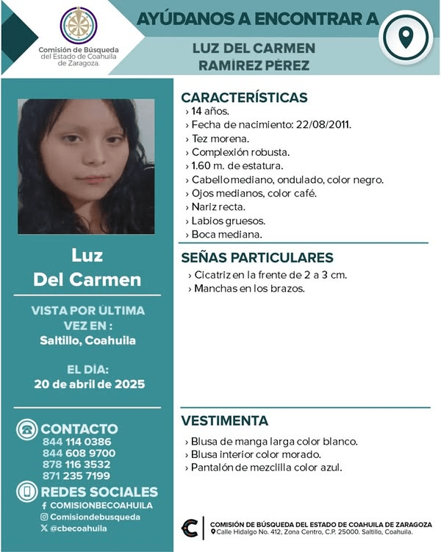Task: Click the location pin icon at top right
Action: click(405, 37)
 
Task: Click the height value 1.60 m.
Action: click(207, 166)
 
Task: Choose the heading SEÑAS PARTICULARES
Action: click(257, 257)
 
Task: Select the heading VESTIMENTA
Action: click(224, 421)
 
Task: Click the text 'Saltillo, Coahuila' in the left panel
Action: click(88, 341)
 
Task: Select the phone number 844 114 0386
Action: click(77, 442)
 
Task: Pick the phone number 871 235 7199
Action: click(77, 476)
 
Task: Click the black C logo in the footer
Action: click(192, 527)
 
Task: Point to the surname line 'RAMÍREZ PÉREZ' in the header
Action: click(253, 65)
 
